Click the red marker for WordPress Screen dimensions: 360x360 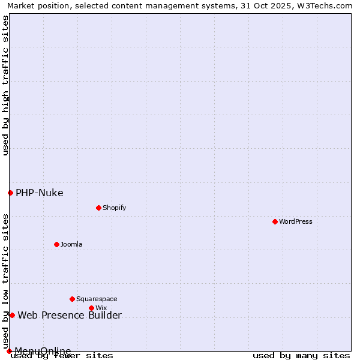click(275, 221)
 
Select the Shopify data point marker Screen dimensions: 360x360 click(98, 208)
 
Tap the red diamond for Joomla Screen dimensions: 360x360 click(56, 244)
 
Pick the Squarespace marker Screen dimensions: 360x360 click(72, 299)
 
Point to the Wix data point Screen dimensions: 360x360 click(91, 308)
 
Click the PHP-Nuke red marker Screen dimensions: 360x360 click(10, 193)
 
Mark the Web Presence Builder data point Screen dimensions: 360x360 click(12, 315)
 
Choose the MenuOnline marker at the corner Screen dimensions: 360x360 click(9, 351)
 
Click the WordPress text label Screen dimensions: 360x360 click(296, 221)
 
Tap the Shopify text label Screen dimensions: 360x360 click(114, 208)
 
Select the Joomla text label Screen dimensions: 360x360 click(71, 244)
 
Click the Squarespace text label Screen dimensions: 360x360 click(97, 299)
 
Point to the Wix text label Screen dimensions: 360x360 click(101, 308)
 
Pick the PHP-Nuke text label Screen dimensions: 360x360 click(40, 193)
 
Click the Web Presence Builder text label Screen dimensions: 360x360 click(70, 315)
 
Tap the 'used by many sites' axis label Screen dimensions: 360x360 click(301, 356)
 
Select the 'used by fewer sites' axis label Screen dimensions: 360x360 click(62, 356)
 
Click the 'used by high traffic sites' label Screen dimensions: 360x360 click(5, 85)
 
